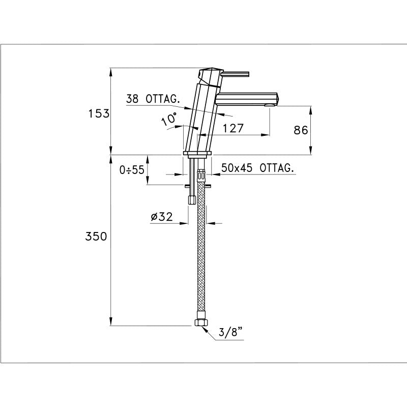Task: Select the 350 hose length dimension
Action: pyautogui.click(x=96, y=237)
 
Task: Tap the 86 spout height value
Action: pyautogui.click(x=301, y=130)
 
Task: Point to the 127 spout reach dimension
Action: pyautogui.click(x=232, y=128)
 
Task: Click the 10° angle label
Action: pyautogui.click(x=169, y=120)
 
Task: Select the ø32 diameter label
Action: pyautogui.click(x=162, y=217)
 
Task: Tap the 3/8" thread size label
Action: pyautogui.click(x=230, y=333)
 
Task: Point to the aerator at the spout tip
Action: pyautogui.click(x=270, y=105)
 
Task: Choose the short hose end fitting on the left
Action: pyautogui.click(x=191, y=198)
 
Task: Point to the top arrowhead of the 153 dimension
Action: pyautogui.click(x=110, y=71)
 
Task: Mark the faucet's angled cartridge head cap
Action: pyautogui.click(x=210, y=76)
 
